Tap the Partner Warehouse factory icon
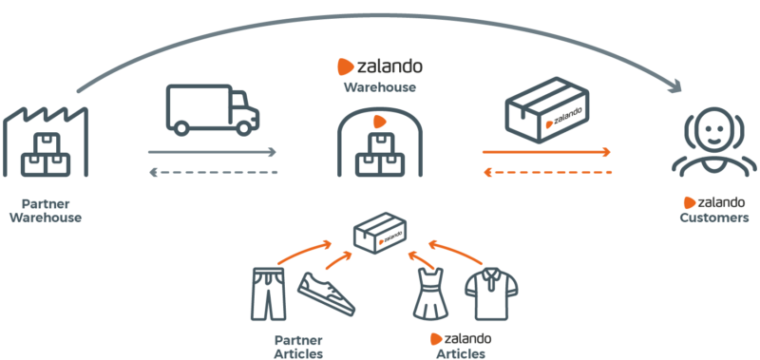46,142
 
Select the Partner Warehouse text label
46,210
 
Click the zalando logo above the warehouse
380,68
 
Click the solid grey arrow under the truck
212,151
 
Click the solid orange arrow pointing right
545,151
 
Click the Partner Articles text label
298,346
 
